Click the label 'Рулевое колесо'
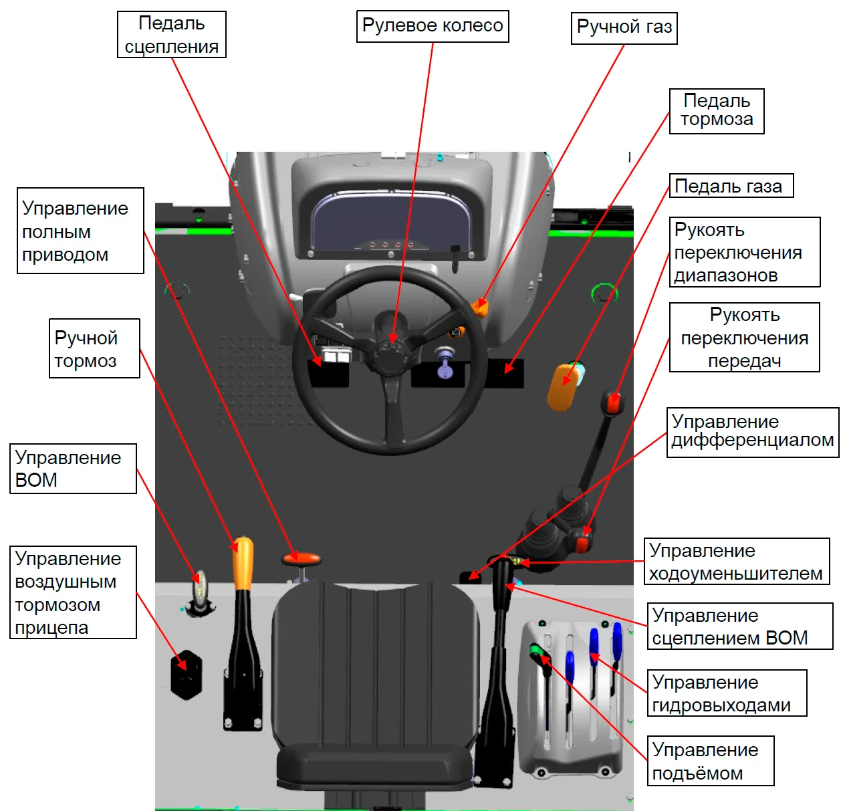(x=433, y=26)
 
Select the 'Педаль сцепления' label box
(x=172, y=35)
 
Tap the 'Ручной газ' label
(x=624, y=27)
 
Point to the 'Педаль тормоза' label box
(x=717, y=111)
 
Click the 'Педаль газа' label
(x=731, y=186)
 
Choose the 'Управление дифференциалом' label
(x=752, y=432)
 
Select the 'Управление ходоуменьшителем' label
(x=736, y=562)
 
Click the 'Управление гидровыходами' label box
(x=727, y=693)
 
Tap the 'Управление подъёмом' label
(x=710, y=761)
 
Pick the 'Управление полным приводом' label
(x=80, y=231)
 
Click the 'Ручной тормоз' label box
(x=94, y=348)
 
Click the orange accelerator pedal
(x=562, y=386)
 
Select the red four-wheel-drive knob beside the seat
(x=302, y=559)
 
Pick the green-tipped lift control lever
(x=537, y=650)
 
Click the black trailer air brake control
(x=186, y=674)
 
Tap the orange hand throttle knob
(x=480, y=308)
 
